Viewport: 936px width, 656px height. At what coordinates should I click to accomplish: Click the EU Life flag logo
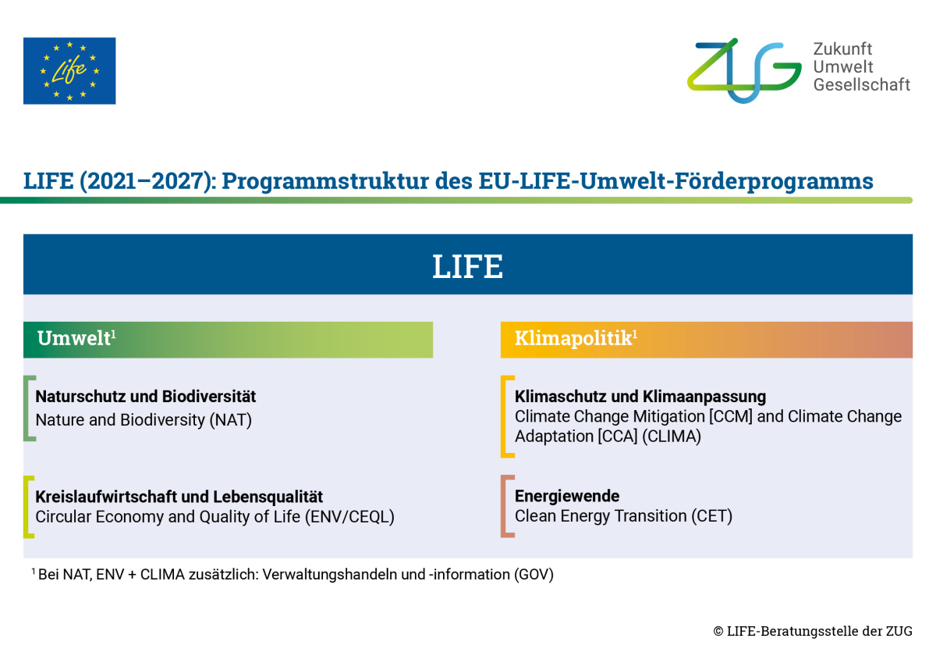tap(69, 71)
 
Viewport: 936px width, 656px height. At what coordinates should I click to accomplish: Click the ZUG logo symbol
tap(744, 71)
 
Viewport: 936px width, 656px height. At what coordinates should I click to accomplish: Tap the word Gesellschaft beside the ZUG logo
tap(862, 85)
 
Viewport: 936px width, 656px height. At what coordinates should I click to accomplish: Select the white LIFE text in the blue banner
tap(467, 266)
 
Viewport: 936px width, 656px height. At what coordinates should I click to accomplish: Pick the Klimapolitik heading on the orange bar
tap(576, 338)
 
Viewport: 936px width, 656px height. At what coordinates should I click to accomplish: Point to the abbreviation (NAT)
tap(230, 420)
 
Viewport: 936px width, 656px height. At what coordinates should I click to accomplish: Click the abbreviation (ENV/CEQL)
tap(349, 517)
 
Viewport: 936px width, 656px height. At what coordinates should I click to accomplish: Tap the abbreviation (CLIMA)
tap(672, 437)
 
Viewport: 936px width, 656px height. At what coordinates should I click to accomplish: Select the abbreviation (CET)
tap(711, 516)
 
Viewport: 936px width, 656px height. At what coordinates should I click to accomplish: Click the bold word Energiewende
tap(567, 496)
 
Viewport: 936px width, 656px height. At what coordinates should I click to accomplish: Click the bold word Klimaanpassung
tap(704, 397)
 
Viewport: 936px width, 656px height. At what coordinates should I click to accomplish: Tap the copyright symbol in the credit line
tap(718, 631)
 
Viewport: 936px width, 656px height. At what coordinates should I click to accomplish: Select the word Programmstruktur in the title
tap(325, 181)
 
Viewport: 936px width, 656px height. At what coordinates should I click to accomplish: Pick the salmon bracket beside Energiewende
tap(504, 506)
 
